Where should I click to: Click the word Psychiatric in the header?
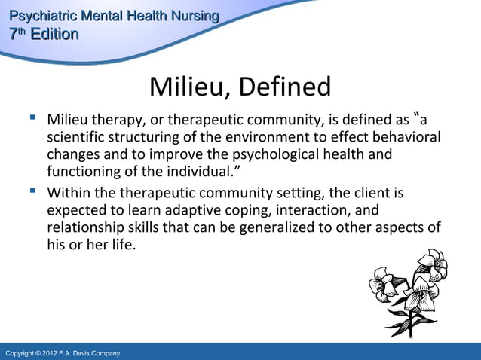36,16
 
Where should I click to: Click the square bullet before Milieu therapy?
32,118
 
